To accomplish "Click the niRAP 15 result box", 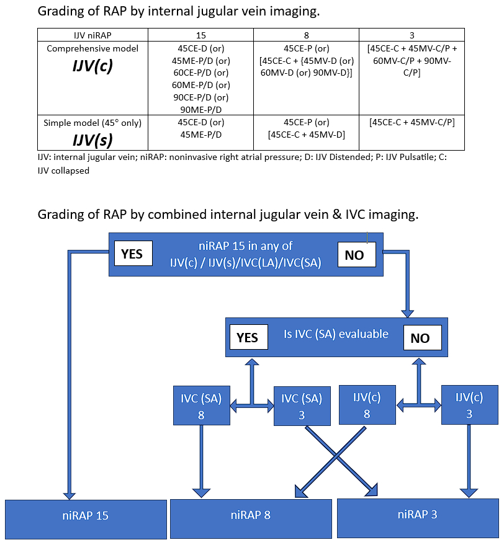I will [86, 516].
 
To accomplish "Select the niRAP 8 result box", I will [251, 516].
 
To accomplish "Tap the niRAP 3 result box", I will [417, 516].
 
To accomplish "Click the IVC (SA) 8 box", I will [201, 406].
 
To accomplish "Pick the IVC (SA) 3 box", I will [302, 406].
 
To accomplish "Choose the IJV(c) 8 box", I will [367, 405].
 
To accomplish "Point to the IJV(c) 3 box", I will [469, 405].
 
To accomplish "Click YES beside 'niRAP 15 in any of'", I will [132, 254].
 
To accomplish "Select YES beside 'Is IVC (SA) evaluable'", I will [247, 337].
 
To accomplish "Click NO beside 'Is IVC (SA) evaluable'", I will [420, 338].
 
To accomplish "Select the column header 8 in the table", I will [306, 35].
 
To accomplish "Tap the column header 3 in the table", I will [412, 35].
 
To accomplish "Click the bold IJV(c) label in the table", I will [92, 66].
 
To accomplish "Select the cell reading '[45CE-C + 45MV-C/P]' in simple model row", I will [412, 123].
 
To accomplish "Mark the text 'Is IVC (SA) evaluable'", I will [336, 334].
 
